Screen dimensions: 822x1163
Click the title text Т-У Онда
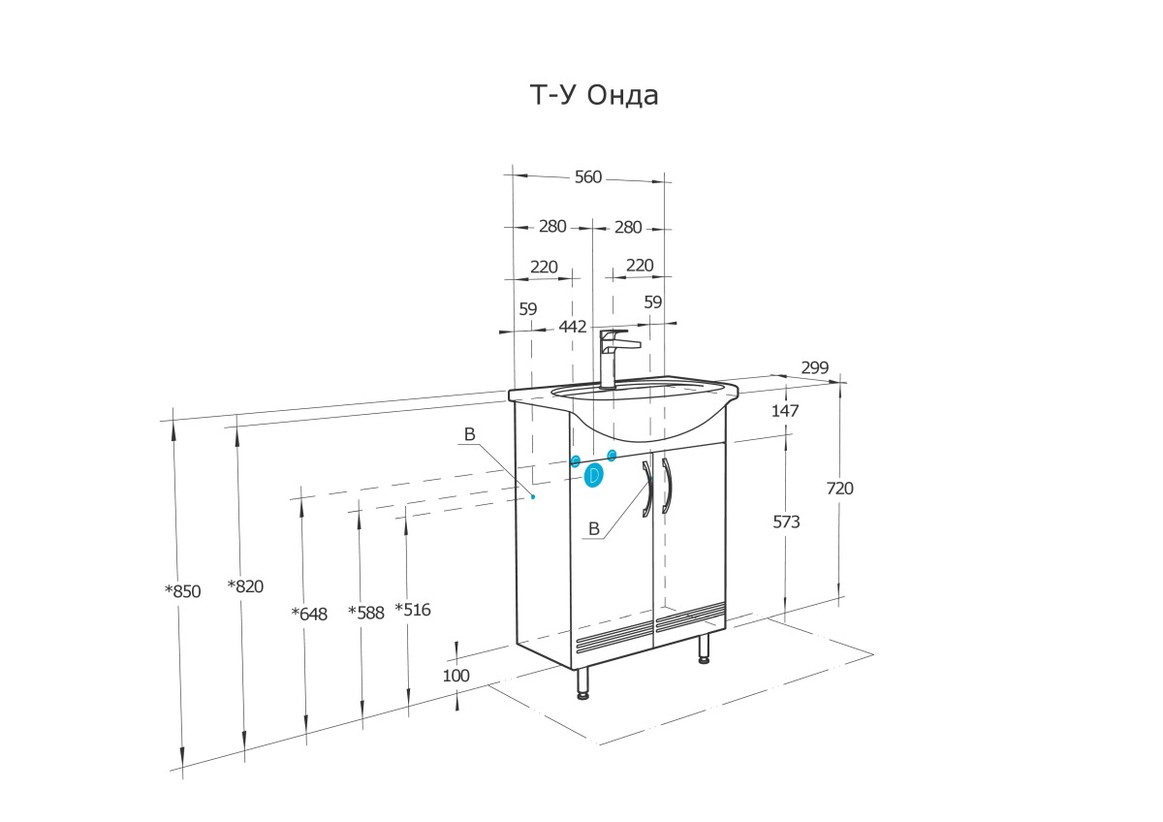593,95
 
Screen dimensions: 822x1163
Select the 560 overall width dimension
588,176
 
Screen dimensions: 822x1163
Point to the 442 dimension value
573,327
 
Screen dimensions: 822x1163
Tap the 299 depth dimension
815,367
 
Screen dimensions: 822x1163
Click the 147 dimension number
785,411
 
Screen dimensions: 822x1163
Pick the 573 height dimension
786,522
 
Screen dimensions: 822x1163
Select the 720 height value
840,489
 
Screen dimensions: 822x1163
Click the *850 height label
182,591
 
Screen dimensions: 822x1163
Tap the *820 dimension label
245,585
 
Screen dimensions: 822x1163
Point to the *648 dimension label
309,613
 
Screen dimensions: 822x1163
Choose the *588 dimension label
366,613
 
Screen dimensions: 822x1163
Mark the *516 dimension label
413,610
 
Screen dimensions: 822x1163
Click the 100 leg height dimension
456,675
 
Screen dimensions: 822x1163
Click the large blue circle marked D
593,475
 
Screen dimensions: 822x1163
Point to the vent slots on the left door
613,636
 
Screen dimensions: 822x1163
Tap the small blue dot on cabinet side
533,496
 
